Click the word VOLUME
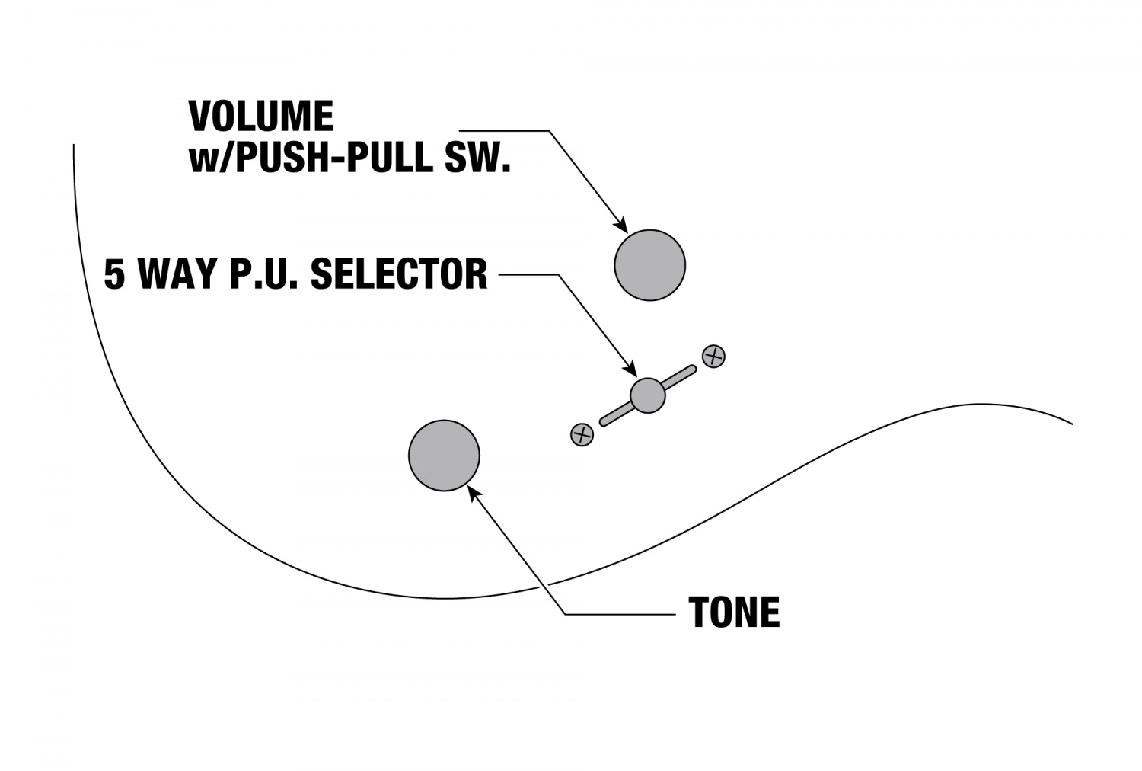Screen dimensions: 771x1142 tap(260, 117)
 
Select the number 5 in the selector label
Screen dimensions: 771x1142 tap(114, 274)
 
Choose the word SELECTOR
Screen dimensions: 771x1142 tap(399, 274)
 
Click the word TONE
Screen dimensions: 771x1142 tap(734, 613)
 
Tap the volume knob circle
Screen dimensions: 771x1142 tap(649, 264)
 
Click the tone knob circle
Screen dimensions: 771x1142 tap(444, 455)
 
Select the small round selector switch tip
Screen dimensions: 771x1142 tap(648, 395)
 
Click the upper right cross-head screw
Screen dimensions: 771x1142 tap(713, 356)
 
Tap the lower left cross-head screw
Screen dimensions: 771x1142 tap(582, 435)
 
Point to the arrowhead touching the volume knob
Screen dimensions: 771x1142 tap(620, 226)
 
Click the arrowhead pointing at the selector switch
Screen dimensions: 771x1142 tap(631, 370)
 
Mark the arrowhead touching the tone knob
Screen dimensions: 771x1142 tap(474, 494)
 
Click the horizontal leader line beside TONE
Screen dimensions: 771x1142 tap(620, 613)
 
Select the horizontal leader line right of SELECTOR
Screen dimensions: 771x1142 tap(529, 274)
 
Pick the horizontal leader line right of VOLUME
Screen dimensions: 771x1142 tap(502, 131)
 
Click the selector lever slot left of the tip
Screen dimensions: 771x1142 tap(615, 414)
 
